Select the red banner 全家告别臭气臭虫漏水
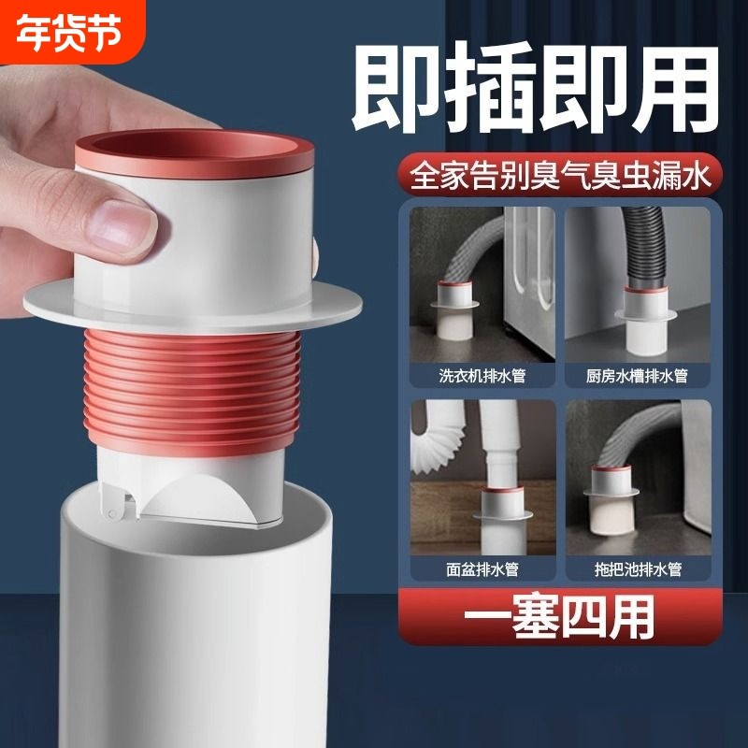coord(557,175)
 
